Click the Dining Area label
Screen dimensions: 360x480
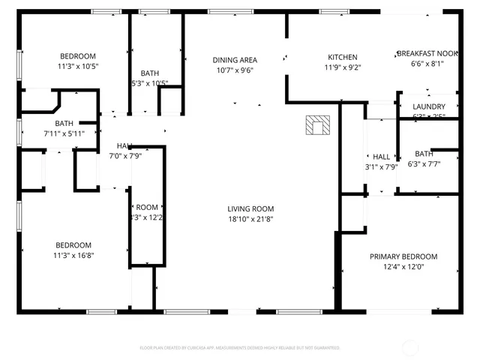point(235,60)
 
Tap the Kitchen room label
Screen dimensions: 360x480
point(342,57)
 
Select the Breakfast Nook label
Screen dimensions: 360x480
point(427,53)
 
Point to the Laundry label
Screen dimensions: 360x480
point(429,107)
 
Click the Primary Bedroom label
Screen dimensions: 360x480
point(403,256)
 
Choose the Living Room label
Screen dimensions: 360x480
point(251,209)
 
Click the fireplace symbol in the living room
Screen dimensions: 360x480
point(318,125)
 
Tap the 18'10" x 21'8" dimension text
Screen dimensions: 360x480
point(251,219)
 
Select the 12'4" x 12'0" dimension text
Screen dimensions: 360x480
point(403,266)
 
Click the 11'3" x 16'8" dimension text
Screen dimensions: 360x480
point(73,255)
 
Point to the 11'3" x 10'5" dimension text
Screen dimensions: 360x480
point(78,66)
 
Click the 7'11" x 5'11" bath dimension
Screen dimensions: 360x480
point(64,133)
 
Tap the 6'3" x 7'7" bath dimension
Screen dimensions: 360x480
point(424,163)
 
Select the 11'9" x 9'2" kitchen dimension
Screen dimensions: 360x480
point(342,67)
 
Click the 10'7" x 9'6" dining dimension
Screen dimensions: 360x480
point(235,70)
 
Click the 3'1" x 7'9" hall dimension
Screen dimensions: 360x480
point(381,166)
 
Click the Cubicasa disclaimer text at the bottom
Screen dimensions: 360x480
point(240,348)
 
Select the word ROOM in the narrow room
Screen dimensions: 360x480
point(147,208)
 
